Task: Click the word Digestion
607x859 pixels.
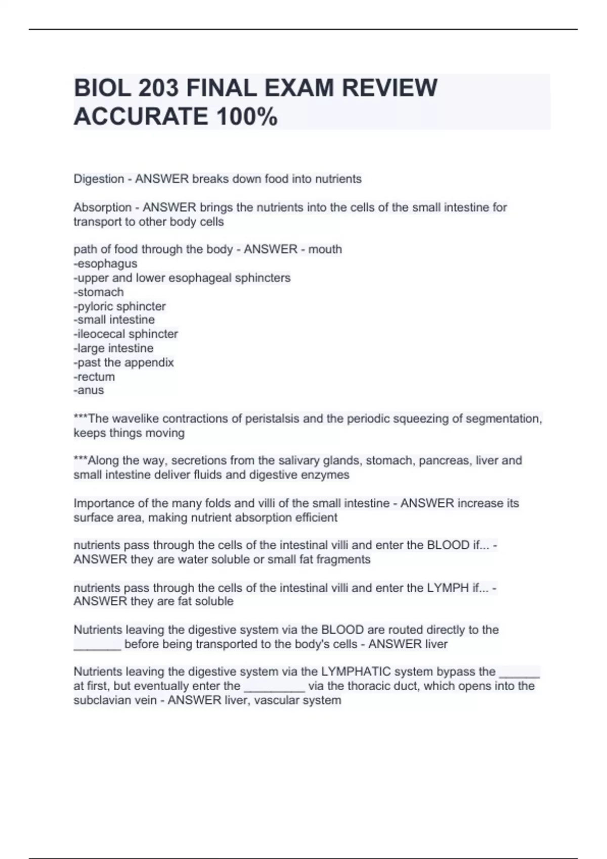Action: pos(99,179)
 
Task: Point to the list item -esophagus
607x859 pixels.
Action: pos(105,264)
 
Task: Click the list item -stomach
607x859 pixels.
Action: pos(99,292)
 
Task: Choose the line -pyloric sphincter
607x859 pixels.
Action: pos(120,306)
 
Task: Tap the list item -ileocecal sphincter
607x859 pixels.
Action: pos(125,334)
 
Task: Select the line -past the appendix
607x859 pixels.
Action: pos(123,362)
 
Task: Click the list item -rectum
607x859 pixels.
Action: pos(94,376)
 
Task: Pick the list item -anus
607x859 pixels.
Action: pos(89,390)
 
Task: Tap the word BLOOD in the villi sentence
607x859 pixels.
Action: pos(448,545)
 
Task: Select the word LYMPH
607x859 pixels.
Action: pos(448,588)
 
